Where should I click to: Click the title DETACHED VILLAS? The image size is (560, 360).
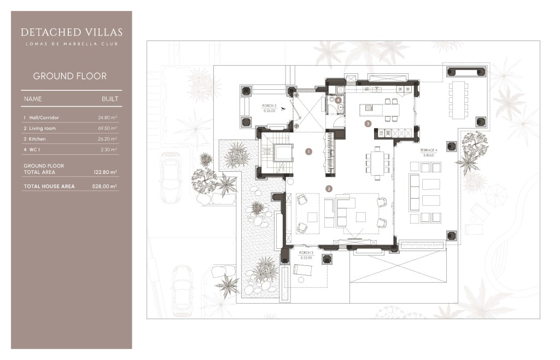point(72,32)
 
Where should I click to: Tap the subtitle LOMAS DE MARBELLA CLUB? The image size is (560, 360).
point(72,44)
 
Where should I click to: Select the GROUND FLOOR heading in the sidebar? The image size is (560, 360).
point(69,76)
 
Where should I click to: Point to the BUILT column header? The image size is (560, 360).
point(110,99)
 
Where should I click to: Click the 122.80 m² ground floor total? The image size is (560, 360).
point(106,172)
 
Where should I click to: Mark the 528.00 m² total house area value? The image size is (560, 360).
point(105,187)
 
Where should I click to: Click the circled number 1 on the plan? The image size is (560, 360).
point(308,151)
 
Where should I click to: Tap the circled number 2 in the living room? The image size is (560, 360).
point(329,188)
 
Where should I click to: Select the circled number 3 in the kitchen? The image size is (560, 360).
point(368,124)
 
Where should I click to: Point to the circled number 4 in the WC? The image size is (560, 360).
point(339,100)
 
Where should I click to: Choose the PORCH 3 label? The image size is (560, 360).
point(306,254)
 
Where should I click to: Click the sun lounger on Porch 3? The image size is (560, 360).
point(302,269)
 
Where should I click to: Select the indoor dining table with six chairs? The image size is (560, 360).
point(377,162)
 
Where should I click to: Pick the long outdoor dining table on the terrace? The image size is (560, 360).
point(458,99)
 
